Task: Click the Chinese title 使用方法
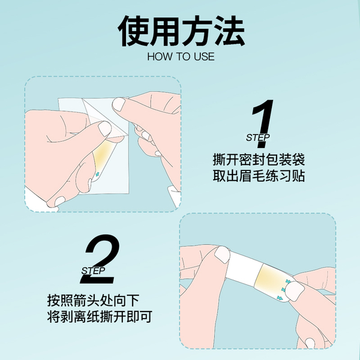point(181,31)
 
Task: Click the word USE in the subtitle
point(204,57)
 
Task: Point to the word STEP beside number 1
point(257,138)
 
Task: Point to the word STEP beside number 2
point(93,271)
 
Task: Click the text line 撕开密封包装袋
point(259,160)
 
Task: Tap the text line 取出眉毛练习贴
point(259,176)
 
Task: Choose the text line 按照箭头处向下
point(93,301)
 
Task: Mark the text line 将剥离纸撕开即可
point(100,317)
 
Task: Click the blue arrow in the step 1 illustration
point(97,174)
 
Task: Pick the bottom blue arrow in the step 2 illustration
point(280,298)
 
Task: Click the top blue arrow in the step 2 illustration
point(288,281)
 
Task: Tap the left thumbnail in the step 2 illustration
point(222,254)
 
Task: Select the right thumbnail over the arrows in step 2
point(295,291)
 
